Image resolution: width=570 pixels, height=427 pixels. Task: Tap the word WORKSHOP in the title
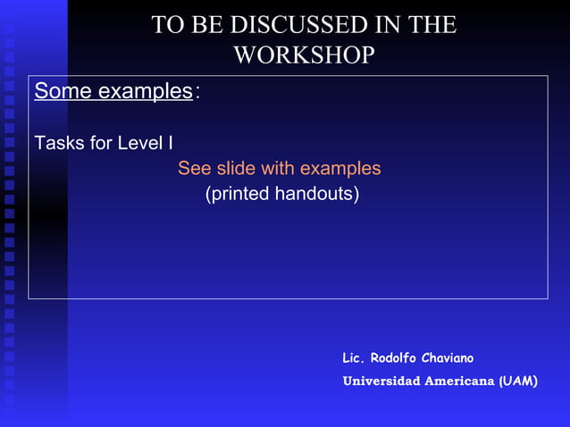click(x=304, y=54)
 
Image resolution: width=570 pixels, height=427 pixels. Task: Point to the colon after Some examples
click(x=197, y=92)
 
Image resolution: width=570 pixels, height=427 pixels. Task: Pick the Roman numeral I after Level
click(x=171, y=143)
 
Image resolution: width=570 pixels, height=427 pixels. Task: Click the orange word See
click(x=194, y=169)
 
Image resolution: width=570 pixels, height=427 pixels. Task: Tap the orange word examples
click(x=340, y=169)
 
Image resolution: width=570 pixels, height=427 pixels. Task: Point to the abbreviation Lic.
click(x=355, y=358)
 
